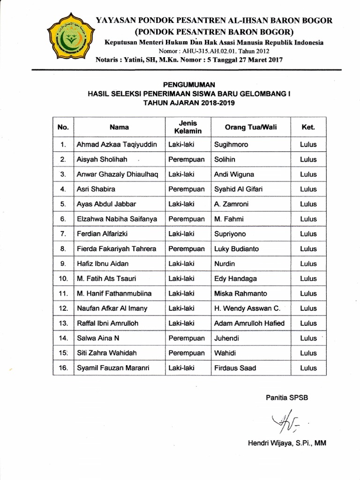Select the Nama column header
pos(119,127)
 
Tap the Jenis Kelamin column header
pos(186,127)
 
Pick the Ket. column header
pos(308,127)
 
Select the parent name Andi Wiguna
pos(234,174)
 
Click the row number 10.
pos(63,278)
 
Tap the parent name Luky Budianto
pos(236,249)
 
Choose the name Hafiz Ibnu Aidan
pos(102,264)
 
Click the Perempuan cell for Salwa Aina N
pos(186,338)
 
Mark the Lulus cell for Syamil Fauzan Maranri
pos(308,368)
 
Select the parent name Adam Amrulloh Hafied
pos(249,323)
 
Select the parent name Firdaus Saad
pos(235,368)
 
